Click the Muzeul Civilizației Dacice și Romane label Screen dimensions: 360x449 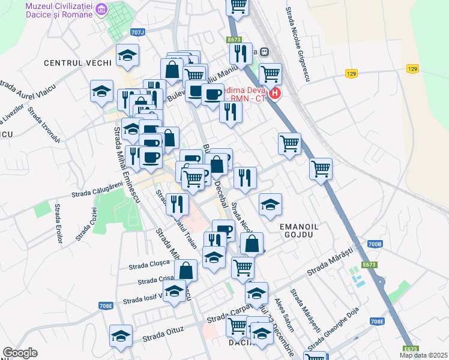[58, 10]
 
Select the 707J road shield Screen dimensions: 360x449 [137, 32]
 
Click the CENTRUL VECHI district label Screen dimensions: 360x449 [77, 62]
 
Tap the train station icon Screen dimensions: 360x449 [264, 52]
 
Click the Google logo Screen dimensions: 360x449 [20, 353]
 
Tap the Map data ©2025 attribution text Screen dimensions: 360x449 [423, 355]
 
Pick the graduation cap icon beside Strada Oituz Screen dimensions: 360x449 [121, 335]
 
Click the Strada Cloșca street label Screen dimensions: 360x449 [146, 264]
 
